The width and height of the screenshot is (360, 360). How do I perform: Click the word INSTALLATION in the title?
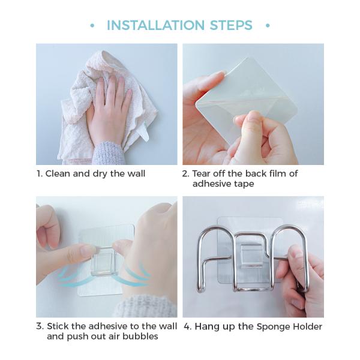pos(155,25)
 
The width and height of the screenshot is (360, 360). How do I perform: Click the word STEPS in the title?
pos(231,25)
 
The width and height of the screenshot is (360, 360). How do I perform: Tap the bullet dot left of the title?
pos(92,25)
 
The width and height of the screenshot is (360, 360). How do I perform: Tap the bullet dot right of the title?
pos(268,25)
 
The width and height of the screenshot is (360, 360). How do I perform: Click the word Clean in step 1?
pos(58,173)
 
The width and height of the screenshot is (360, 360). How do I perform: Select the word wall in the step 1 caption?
pos(136,173)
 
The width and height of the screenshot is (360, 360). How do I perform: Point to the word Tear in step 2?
pos(201,173)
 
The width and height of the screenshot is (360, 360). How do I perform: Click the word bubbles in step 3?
pos(140,337)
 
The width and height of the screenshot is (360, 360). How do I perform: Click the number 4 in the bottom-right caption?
pos(187,326)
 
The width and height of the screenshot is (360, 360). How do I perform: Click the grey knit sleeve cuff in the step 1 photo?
pos(108,152)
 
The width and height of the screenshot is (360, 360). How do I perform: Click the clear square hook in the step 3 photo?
pos(103,261)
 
